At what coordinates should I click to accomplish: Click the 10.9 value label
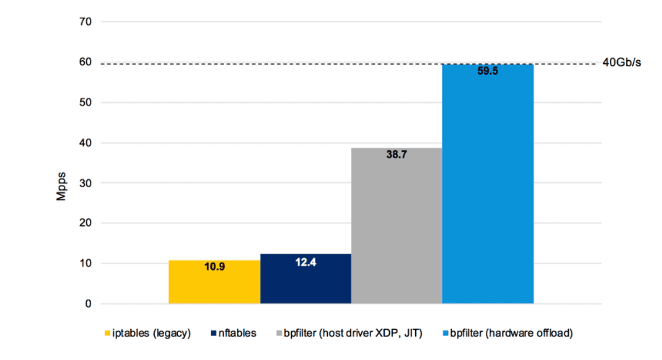[214, 267]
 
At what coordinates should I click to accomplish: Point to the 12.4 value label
[305, 263]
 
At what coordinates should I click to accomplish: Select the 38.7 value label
[397, 155]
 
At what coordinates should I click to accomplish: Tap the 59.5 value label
[487, 71]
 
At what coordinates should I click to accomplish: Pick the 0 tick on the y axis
[89, 304]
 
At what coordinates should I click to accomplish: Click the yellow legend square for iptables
[108, 333]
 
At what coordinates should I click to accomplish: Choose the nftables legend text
[237, 333]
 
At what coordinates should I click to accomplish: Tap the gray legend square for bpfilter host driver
[279, 333]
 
